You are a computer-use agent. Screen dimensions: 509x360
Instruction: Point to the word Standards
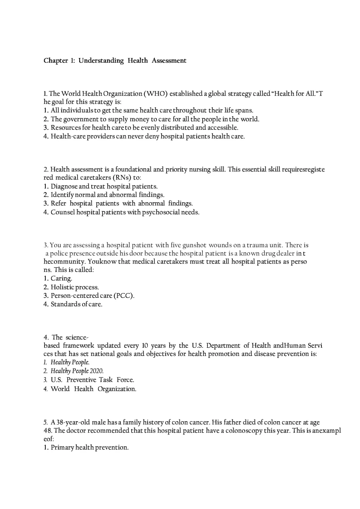pos(66,304)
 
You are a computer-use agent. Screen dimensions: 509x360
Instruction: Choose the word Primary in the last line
pos(62,447)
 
